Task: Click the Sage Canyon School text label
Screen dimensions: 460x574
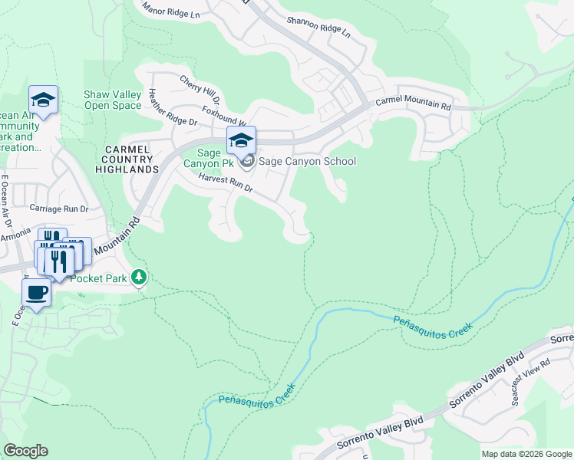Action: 307,161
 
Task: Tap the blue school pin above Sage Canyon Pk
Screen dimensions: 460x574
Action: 241,140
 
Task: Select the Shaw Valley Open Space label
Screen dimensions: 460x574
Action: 112,100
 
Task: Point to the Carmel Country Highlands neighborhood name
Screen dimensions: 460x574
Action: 127,158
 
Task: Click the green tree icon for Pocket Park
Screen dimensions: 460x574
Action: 138,277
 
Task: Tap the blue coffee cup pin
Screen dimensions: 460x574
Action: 36,292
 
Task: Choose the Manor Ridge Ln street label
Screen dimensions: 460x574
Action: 173,10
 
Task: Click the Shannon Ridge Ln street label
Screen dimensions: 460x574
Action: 318,28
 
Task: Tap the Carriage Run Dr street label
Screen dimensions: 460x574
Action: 59,209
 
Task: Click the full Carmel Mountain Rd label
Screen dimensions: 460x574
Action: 412,103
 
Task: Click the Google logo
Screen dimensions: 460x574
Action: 26,450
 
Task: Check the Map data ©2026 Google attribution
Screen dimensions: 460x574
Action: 526,454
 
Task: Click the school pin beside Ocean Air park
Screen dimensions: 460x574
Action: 44,100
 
